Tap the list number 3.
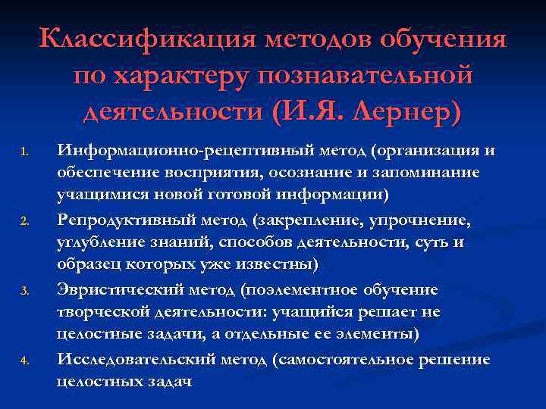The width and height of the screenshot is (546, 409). tap(24, 291)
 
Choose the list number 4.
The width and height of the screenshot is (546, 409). tap(24, 361)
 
